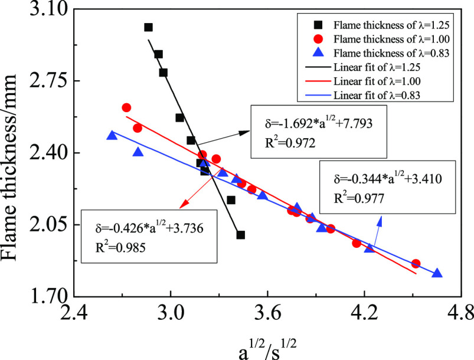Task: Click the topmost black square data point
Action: pos(148,27)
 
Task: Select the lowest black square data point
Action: pos(240,235)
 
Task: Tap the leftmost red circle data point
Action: pos(126,107)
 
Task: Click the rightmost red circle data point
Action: pos(416,264)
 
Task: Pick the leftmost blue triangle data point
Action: pos(112,136)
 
